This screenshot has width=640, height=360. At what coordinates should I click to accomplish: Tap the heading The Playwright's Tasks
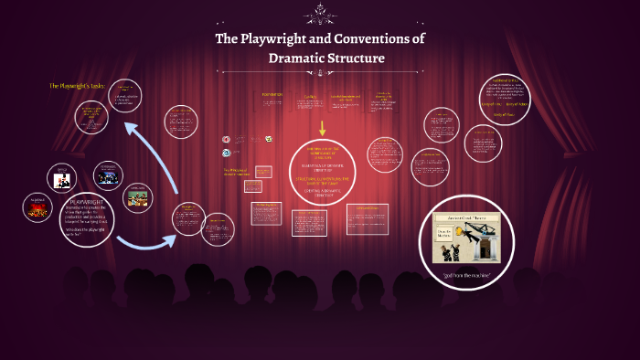tap(78, 86)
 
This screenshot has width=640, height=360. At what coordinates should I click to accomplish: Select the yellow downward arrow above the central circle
tap(322, 128)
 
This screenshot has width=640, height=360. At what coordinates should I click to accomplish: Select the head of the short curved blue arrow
tap(173, 239)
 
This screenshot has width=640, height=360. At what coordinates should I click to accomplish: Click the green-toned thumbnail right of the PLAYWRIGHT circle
tap(138, 196)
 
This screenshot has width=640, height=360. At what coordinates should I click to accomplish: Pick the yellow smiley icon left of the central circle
tap(269, 138)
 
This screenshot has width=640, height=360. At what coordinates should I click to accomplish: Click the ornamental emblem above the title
tap(320, 12)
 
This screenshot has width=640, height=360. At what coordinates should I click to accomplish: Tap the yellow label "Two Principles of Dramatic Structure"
tap(236, 172)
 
